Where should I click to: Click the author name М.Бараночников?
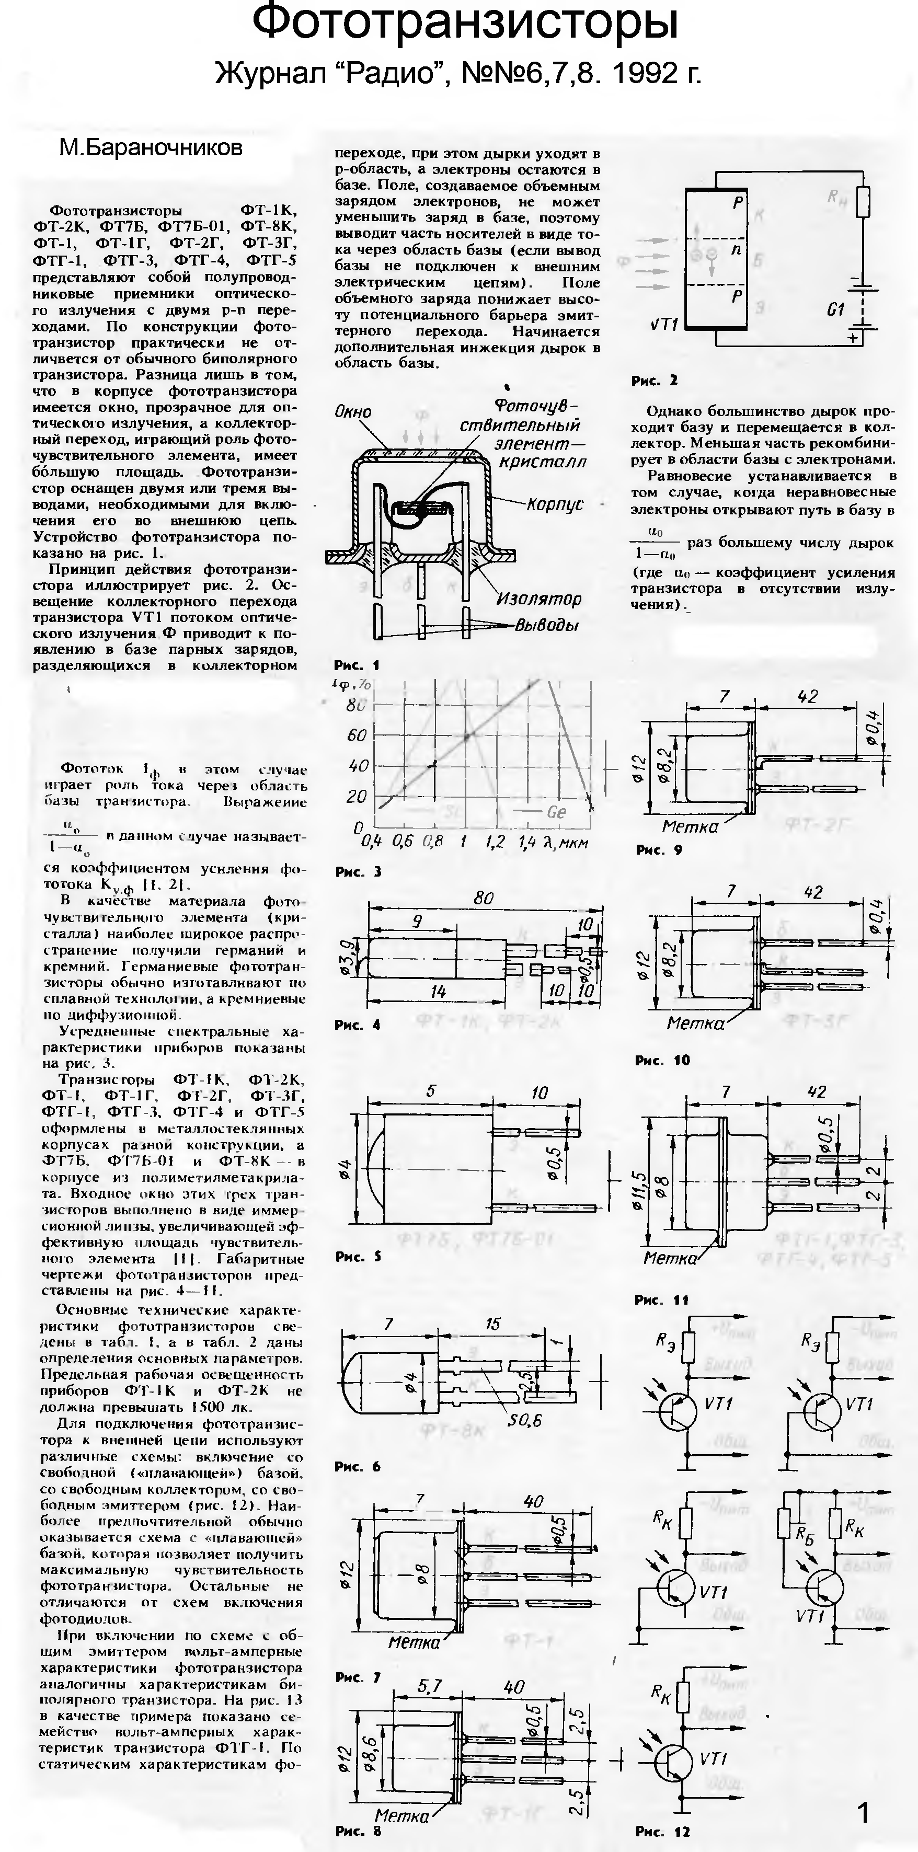[x=150, y=148]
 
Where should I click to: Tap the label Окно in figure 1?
[x=353, y=412]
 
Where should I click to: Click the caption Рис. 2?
[x=654, y=381]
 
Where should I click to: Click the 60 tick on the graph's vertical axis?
[x=357, y=735]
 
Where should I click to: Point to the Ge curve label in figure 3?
[x=556, y=812]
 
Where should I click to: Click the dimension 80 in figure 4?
[x=484, y=898]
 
